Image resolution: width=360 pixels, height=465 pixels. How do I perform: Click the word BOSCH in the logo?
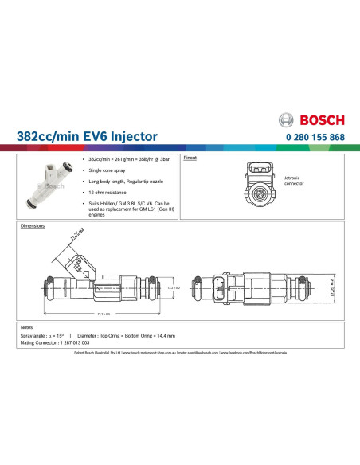coord(322,120)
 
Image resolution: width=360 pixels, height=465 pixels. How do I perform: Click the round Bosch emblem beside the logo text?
coord(288,120)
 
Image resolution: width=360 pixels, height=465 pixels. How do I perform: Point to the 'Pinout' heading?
coord(190,158)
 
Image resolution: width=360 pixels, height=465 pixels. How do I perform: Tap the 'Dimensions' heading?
coord(33,226)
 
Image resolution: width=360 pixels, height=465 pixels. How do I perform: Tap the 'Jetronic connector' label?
coord(295,181)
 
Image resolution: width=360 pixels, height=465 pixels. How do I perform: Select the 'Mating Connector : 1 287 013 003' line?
coord(49,343)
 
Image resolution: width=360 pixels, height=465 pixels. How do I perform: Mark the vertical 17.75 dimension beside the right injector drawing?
coord(331,287)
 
